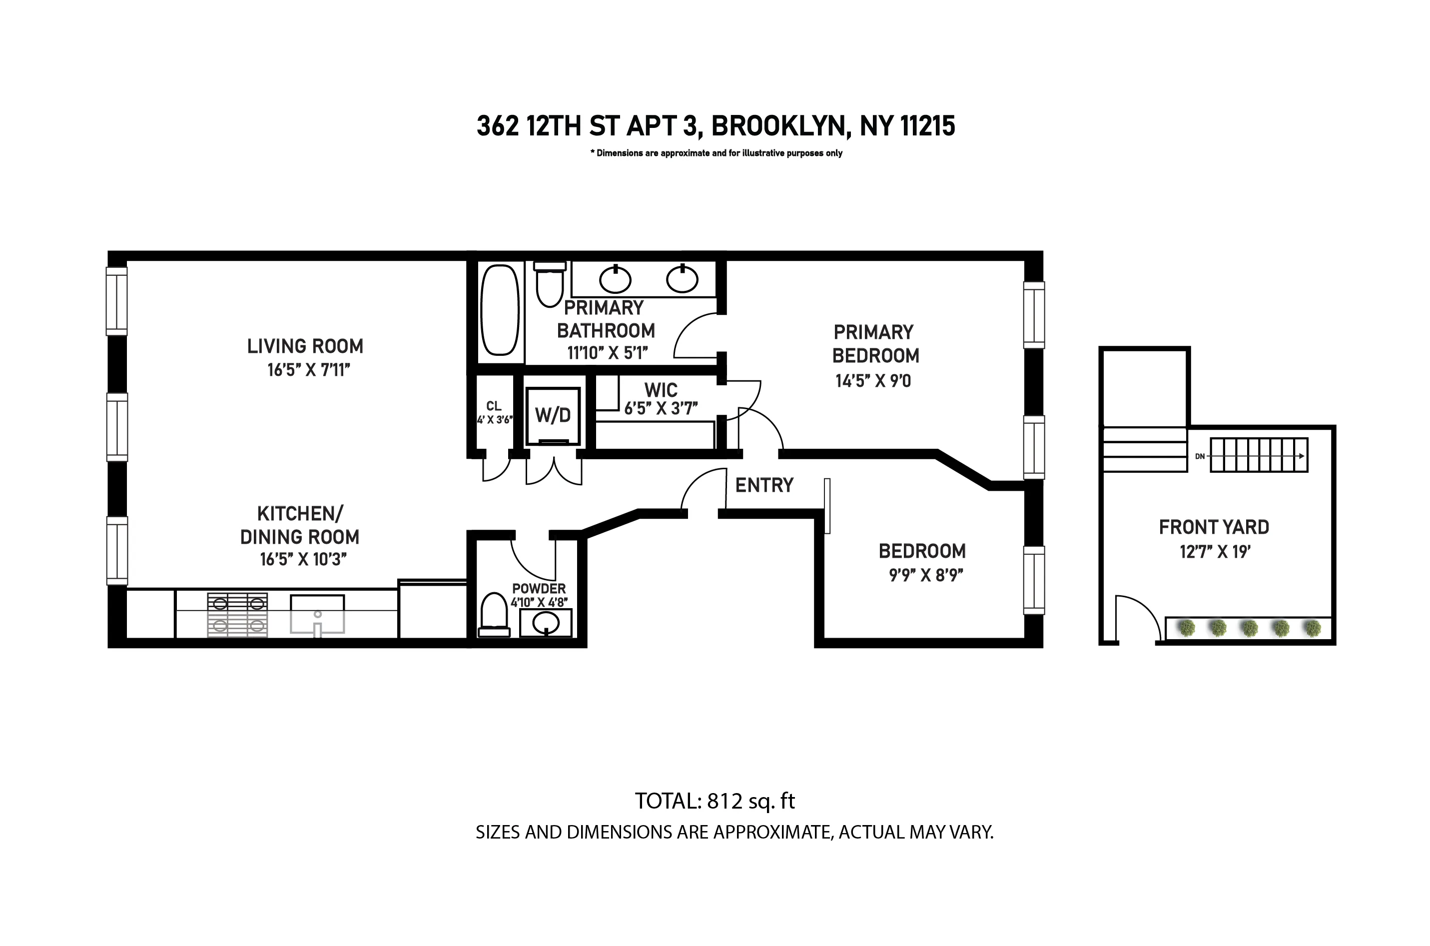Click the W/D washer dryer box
[x=553, y=416]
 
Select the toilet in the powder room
[x=494, y=614]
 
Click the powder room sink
[x=547, y=622]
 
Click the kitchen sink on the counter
[x=317, y=614]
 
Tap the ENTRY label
[x=763, y=485]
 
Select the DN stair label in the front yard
[x=1200, y=456]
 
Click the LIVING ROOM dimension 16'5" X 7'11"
[x=308, y=370]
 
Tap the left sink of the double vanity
[x=615, y=279]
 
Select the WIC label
[x=661, y=390]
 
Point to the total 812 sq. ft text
[x=715, y=801]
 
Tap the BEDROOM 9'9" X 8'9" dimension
[x=925, y=575]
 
